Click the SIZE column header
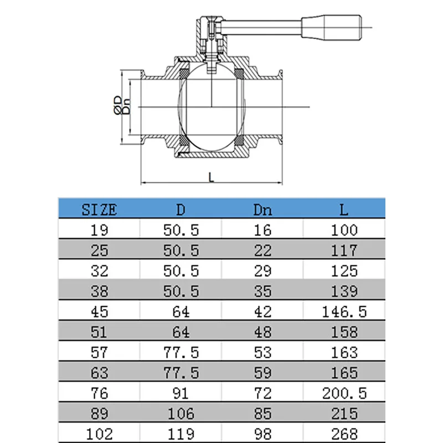(99, 210)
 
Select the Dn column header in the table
(262, 210)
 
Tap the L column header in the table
(343, 210)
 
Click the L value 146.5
(344, 312)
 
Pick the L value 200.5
(344, 393)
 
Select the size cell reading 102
(99, 434)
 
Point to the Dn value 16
(262, 230)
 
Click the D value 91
(181, 393)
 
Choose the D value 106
(181, 413)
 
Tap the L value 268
(344, 434)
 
